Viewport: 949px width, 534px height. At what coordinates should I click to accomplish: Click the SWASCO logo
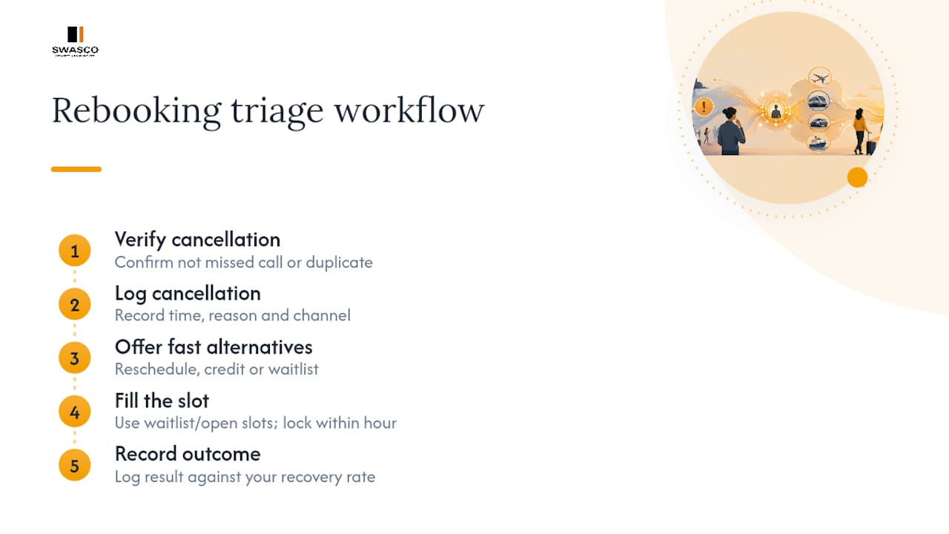[x=75, y=41]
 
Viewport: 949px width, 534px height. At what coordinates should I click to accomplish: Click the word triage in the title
[x=277, y=112]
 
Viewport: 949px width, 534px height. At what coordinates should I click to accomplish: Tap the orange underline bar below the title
[x=76, y=169]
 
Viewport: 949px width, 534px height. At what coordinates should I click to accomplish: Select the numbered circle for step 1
[x=75, y=251]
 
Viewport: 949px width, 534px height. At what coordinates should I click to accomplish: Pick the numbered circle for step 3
[x=75, y=358]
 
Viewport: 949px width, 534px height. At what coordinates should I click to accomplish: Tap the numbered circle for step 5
[x=75, y=465]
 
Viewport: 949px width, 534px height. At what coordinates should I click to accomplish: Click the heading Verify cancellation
[x=197, y=240]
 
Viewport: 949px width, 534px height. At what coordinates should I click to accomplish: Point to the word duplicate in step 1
[x=340, y=263]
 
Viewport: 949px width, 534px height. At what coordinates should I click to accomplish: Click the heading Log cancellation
[x=188, y=293]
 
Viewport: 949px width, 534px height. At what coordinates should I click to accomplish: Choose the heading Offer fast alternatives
[x=214, y=347]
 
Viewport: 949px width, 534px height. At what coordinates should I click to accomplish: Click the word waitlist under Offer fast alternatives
[x=293, y=369]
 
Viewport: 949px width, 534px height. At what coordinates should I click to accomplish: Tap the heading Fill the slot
[x=162, y=401]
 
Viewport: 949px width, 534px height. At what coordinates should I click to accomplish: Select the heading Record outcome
[x=188, y=455]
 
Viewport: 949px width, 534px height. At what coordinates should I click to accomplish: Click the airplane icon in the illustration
[x=820, y=78]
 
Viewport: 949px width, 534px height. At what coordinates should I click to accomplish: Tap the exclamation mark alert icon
[x=704, y=106]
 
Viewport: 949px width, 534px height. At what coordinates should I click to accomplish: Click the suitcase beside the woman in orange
[x=871, y=145]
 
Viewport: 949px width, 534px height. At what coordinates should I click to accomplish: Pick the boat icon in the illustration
[x=818, y=143]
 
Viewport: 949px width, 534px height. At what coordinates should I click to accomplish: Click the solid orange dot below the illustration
[x=858, y=177]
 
